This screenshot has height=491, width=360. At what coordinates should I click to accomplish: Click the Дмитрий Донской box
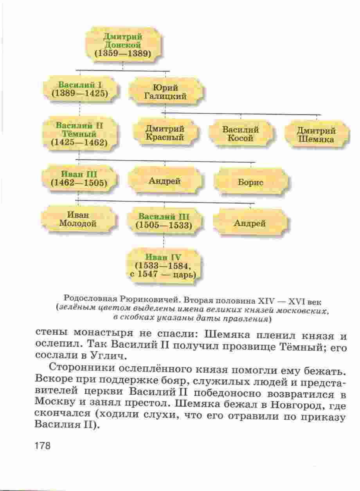click(x=123, y=45)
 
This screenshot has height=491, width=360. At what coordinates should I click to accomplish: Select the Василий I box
click(x=80, y=89)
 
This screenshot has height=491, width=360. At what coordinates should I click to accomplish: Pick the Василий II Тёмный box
click(x=79, y=134)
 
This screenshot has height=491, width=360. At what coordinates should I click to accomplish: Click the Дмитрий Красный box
click(x=165, y=133)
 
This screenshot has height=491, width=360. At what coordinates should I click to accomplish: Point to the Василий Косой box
click(x=241, y=134)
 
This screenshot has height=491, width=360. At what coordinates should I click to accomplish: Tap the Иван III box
click(x=79, y=179)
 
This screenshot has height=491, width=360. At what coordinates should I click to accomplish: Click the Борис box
click(x=250, y=182)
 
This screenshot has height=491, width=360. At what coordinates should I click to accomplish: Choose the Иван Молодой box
click(x=78, y=219)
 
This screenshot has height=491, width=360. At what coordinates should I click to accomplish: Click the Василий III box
click(x=164, y=221)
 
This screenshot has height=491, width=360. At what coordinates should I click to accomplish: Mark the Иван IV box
click(x=164, y=266)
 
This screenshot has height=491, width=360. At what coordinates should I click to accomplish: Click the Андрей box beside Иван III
click(x=165, y=181)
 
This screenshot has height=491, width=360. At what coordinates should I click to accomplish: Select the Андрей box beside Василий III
click(x=250, y=223)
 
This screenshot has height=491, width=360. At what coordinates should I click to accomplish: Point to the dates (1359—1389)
click(x=123, y=54)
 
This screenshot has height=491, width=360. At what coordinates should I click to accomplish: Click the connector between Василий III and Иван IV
click(x=164, y=242)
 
